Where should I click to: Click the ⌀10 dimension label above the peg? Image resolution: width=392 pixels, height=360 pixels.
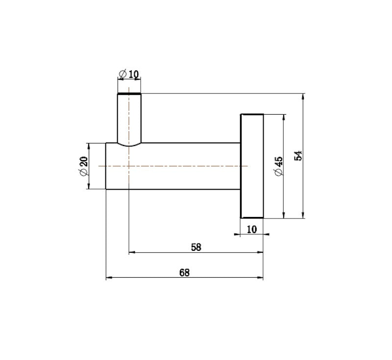[129, 74]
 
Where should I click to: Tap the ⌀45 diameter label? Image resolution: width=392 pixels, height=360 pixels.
[278, 167]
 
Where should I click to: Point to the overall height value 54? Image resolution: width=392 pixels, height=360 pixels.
[299, 156]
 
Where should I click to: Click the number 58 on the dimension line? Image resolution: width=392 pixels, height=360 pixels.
[196, 247]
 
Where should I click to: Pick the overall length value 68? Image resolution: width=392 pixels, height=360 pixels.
[184, 273]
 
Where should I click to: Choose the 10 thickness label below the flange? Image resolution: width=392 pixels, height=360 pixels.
[252, 229]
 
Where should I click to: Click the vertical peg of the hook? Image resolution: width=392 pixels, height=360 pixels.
[129, 118]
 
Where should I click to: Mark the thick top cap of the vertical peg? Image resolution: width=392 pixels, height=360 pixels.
[129, 93]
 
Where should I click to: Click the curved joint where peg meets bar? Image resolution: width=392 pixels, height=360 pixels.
[129, 144]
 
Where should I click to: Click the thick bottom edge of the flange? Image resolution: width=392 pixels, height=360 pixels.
[252, 217]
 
